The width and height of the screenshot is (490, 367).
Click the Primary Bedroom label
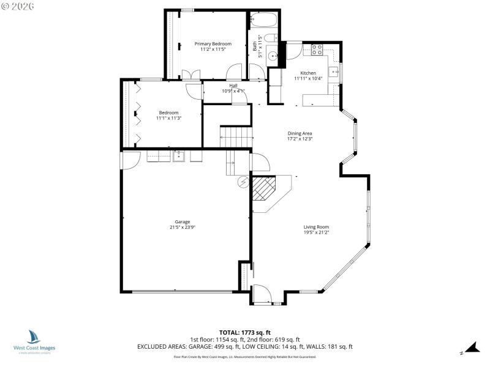pos(213,43)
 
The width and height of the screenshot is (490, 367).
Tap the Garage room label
pos(182,221)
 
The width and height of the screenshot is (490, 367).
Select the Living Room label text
pos(316,227)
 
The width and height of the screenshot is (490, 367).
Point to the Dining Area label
pos(300,133)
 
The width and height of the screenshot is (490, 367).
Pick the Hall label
pos(233,86)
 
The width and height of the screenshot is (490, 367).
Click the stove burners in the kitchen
pos(317,50)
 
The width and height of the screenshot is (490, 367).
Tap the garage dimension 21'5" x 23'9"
pos(182,228)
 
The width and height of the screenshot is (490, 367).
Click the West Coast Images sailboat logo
pos(34,337)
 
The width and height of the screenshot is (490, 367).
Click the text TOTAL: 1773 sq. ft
pos(244,332)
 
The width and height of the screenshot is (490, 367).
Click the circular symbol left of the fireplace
pos(243,181)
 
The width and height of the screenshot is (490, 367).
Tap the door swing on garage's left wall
pos(130,160)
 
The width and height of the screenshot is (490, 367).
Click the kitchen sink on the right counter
pos(334,73)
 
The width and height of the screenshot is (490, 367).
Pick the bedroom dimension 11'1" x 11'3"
pos(168,118)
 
